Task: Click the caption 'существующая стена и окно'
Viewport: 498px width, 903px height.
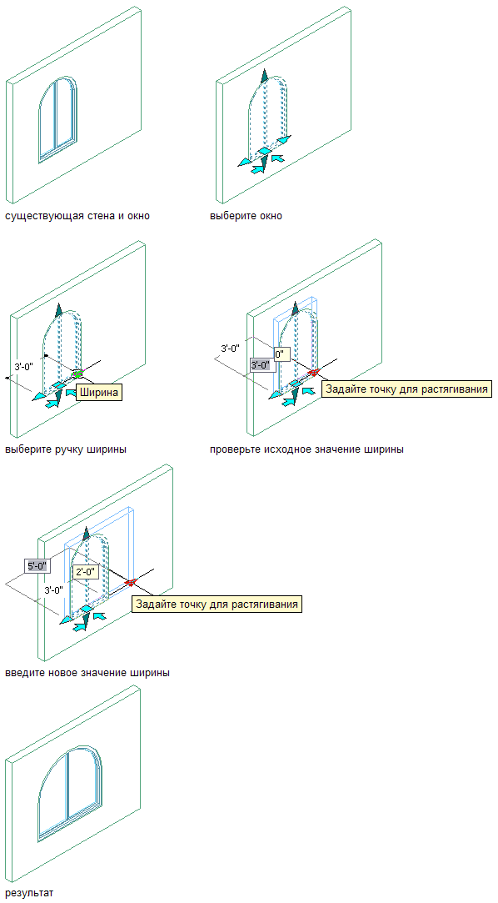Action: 77,217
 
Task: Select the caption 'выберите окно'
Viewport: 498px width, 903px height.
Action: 247,217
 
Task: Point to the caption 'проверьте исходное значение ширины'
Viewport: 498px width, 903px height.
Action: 306,449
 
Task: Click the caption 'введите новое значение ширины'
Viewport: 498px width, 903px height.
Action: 87,673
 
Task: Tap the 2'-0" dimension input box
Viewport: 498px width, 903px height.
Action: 87,572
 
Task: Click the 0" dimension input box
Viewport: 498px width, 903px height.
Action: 280,354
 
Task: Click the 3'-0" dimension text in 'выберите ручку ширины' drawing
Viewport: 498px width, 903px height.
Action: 25,366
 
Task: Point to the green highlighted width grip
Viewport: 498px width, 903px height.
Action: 77,374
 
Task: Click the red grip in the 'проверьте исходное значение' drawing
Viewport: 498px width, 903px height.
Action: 313,372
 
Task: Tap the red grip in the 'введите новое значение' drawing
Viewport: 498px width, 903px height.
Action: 129,583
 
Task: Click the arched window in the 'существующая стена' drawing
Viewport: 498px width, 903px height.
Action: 57,119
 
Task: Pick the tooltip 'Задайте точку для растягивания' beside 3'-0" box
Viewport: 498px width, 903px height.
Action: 408,389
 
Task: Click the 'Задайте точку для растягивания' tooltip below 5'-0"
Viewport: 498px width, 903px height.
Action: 217,605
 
